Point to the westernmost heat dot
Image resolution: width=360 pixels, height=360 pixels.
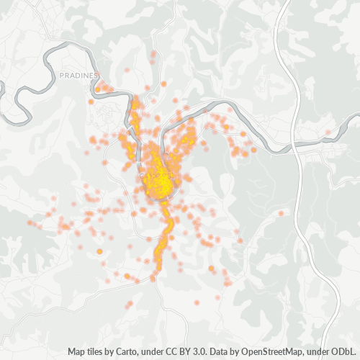30,222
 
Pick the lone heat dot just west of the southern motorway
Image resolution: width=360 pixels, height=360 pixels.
282,213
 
